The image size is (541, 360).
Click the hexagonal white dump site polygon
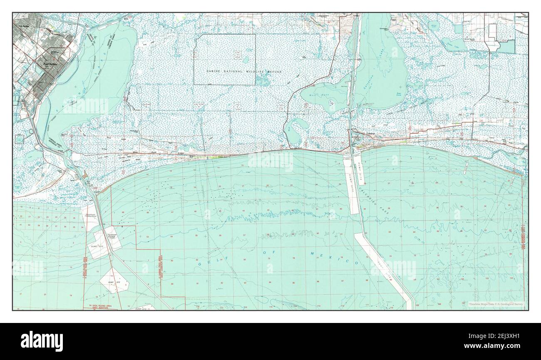(x=114, y=281)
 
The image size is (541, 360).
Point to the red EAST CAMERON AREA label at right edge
(x=523, y=237)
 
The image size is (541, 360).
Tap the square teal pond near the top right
(x=458, y=28)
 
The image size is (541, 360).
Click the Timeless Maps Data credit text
(x=496, y=305)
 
